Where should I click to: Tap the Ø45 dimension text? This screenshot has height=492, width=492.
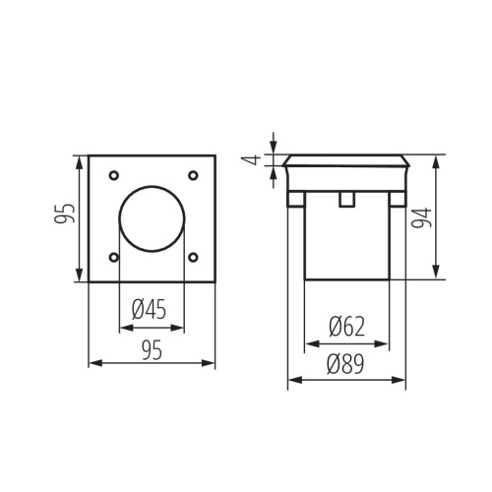[x=149, y=310]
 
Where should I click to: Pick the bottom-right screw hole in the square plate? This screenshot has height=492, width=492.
[x=192, y=258]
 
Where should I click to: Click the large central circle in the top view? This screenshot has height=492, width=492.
[x=152, y=216]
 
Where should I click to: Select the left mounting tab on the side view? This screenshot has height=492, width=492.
[x=294, y=199]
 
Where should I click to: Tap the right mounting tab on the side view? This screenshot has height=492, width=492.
[x=397, y=199]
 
